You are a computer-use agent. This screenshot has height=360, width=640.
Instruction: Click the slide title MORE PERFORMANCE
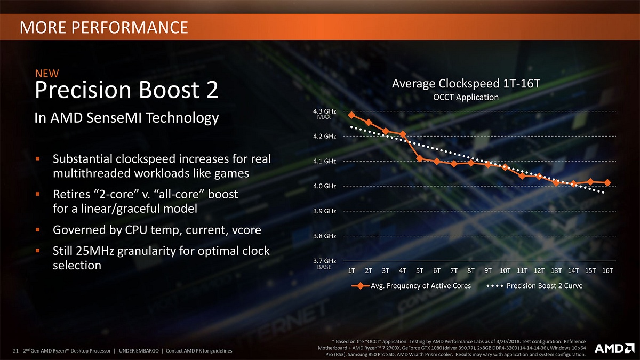click(103, 27)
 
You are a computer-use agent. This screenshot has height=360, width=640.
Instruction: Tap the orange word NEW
click(47, 73)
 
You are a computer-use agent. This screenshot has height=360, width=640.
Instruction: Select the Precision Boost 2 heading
click(126, 90)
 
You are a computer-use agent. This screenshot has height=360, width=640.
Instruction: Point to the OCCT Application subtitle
click(466, 97)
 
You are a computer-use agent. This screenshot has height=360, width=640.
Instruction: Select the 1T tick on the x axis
click(352, 270)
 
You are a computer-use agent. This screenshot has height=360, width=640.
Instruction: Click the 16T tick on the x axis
click(607, 270)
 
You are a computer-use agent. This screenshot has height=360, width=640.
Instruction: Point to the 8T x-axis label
click(471, 270)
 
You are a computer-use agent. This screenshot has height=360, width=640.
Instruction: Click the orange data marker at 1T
click(351, 115)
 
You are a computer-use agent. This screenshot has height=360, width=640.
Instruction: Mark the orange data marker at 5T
click(420, 158)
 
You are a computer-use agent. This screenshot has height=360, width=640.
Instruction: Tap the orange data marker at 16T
click(607, 183)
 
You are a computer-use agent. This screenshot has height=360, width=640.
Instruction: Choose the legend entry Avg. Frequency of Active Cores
click(411, 286)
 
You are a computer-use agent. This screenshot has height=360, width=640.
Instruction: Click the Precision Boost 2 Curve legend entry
click(536, 286)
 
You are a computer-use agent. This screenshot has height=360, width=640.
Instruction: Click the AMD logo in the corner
click(613, 348)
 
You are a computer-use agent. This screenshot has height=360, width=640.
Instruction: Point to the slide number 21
click(15, 350)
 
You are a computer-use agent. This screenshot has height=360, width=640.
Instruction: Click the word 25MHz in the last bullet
click(100, 250)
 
